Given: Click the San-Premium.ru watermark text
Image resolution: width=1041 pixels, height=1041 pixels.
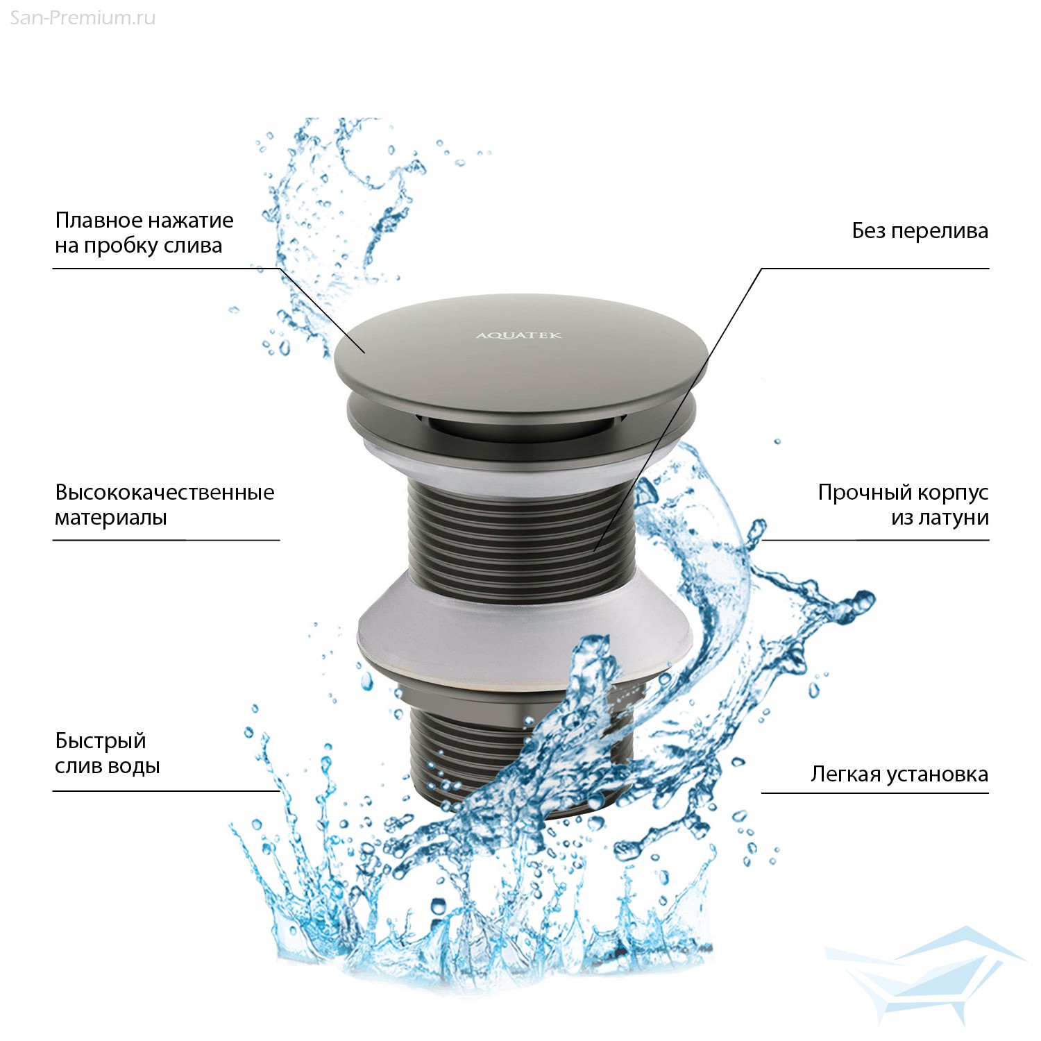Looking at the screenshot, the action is click(83, 18).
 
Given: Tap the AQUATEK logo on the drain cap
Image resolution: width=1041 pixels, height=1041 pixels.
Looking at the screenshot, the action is click(518, 336).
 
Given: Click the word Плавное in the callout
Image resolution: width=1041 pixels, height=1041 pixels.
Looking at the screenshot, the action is click(99, 221).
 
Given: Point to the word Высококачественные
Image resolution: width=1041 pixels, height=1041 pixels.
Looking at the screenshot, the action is click(165, 493).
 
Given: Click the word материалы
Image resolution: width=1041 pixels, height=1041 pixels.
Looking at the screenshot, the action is click(111, 518).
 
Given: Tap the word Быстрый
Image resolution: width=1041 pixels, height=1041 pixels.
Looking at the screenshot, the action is click(101, 742).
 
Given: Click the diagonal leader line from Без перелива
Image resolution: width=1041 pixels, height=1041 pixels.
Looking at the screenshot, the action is click(677, 410).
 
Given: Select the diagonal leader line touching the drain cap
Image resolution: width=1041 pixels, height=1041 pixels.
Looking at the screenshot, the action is click(321, 311).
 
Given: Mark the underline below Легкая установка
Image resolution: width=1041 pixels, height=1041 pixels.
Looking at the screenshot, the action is click(875, 793).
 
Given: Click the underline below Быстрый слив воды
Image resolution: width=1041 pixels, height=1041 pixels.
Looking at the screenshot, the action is click(166, 791).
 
